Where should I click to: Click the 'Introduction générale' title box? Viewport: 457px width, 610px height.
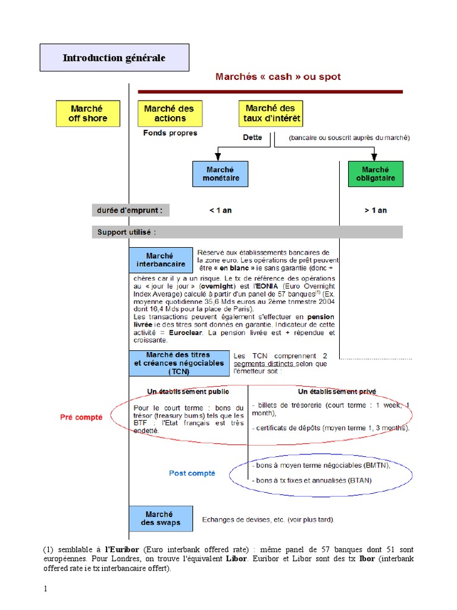tap(114, 58)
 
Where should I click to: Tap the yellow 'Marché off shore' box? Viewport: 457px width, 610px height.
tap(88, 113)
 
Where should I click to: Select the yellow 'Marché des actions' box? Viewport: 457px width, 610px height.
tap(170, 113)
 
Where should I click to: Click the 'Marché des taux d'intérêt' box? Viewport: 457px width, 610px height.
tap(271, 113)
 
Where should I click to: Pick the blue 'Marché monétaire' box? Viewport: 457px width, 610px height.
tap(220, 173)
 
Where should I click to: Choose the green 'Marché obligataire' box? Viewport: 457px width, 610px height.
tap(375, 173)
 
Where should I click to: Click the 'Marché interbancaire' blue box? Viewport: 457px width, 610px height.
tap(161, 260)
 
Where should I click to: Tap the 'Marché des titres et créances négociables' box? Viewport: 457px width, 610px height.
tap(179, 363)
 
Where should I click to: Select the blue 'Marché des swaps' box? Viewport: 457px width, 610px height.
tap(161, 518)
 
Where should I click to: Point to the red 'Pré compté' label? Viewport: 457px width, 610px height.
tap(82, 417)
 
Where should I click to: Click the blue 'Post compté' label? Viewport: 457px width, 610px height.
tap(192, 473)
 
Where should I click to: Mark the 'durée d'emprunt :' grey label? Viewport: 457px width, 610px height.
tap(130, 210)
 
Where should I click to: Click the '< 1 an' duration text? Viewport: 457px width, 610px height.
tap(220, 210)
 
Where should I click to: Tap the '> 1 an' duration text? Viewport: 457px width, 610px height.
tap(375, 210)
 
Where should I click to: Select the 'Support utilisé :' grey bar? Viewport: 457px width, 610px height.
tap(247, 232)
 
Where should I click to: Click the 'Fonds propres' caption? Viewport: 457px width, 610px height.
tap(170, 133)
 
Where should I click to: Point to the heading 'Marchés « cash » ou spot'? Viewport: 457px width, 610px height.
tap(278, 77)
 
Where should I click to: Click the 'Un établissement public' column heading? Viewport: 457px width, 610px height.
tap(188, 391)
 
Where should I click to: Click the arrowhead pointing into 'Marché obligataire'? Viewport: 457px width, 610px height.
tap(374, 157)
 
